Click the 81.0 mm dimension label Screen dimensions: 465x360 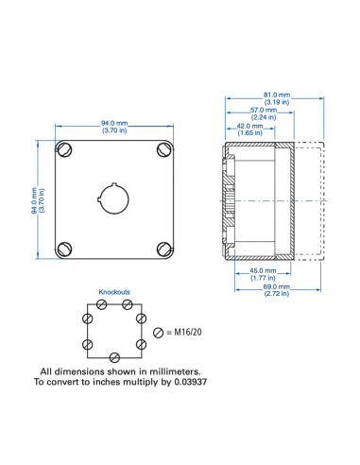tap(276, 95)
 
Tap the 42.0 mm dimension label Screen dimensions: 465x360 tap(249, 127)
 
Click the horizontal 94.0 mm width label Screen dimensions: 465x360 tap(114, 124)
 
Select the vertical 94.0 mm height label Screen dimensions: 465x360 tap(36, 198)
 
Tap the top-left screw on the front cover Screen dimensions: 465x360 tap(65, 149)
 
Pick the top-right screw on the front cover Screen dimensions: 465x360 tap(163, 149)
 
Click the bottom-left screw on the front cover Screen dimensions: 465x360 tap(65, 249)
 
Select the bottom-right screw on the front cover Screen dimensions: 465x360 tap(163, 249)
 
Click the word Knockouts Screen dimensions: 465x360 tap(114, 293)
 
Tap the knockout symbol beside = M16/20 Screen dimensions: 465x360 tap(157, 332)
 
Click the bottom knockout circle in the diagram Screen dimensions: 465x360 tap(114, 357)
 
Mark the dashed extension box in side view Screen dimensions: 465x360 tap(310, 201)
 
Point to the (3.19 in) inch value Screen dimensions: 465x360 tap(276, 101)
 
